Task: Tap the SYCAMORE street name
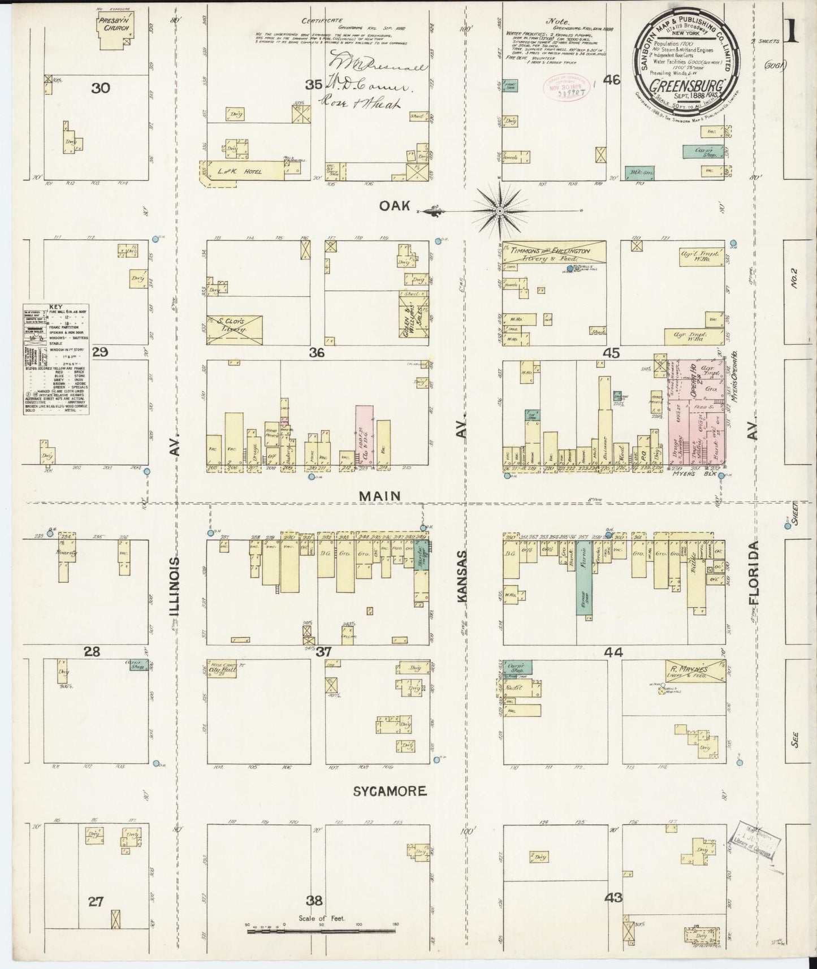(x=389, y=791)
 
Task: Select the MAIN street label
(x=379, y=496)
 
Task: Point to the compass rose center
(x=500, y=210)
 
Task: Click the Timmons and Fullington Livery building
(x=554, y=253)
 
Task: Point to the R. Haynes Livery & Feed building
(x=694, y=671)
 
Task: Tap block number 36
(x=317, y=353)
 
